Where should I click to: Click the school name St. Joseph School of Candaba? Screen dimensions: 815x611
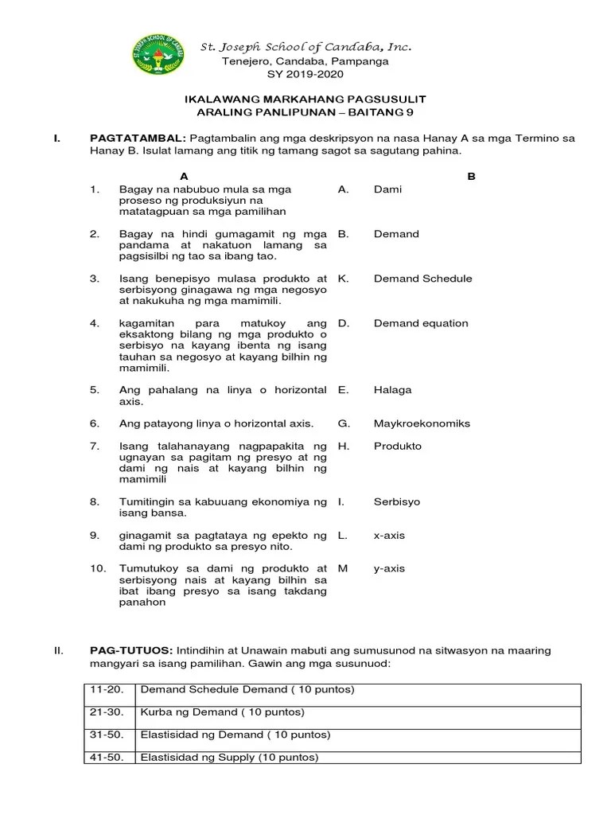click(x=305, y=47)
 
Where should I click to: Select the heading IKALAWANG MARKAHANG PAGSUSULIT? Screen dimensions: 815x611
click(x=305, y=99)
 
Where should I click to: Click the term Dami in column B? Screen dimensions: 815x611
click(x=387, y=189)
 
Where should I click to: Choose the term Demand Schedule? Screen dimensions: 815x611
click(x=422, y=279)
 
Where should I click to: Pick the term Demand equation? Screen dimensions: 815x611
click(x=421, y=323)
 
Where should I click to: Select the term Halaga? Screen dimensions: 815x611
click(x=392, y=390)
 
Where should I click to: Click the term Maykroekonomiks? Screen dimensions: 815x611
click(x=422, y=423)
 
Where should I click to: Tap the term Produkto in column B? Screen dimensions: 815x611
click(x=397, y=446)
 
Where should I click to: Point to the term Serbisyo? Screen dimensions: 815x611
click(x=396, y=502)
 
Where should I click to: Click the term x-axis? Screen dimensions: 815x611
click(x=389, y=536)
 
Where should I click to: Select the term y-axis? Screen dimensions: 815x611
click(x=389, y=568)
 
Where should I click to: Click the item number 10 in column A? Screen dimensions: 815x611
click(x=98, y=568)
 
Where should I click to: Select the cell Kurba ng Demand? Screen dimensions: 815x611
click(x=222, y=712)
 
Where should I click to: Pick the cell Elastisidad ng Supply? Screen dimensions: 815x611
click(x=229, y=757)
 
